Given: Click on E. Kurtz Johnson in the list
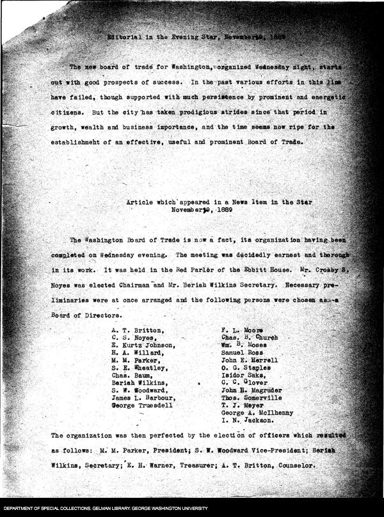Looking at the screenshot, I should [x=144, y=345].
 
